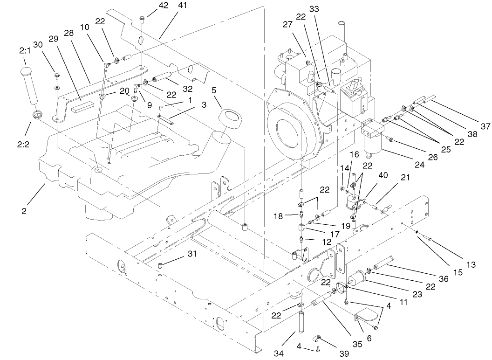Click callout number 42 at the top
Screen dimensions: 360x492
point(150,6)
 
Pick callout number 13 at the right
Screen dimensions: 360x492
point(471,264)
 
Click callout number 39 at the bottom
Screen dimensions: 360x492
point(343,353)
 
